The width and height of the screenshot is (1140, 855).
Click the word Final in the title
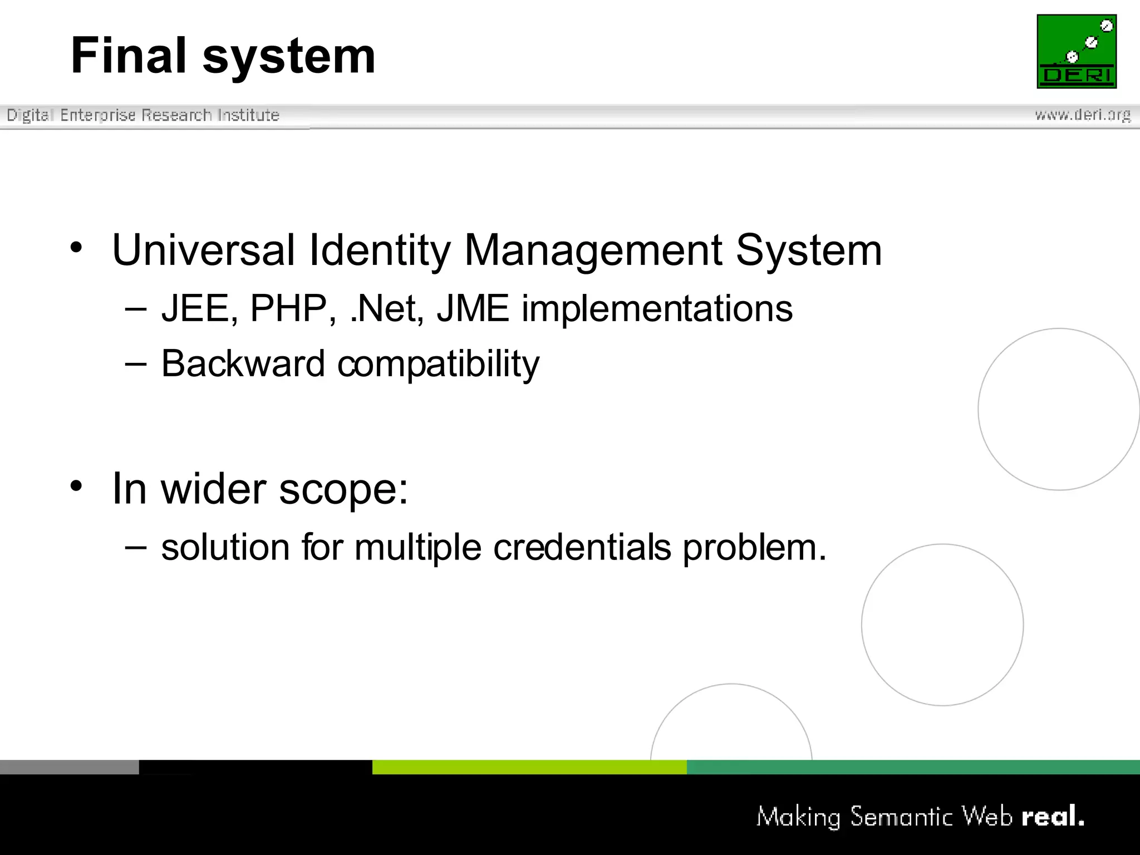129,56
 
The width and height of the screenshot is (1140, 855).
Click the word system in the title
289,58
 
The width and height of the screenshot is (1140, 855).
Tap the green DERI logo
1077,51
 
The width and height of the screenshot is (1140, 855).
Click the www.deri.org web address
1083,115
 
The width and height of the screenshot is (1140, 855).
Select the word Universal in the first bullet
204,250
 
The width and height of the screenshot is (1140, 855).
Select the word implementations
657,309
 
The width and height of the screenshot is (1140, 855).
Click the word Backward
243,364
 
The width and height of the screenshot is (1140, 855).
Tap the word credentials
582,547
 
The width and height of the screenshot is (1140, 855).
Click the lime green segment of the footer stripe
529,767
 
